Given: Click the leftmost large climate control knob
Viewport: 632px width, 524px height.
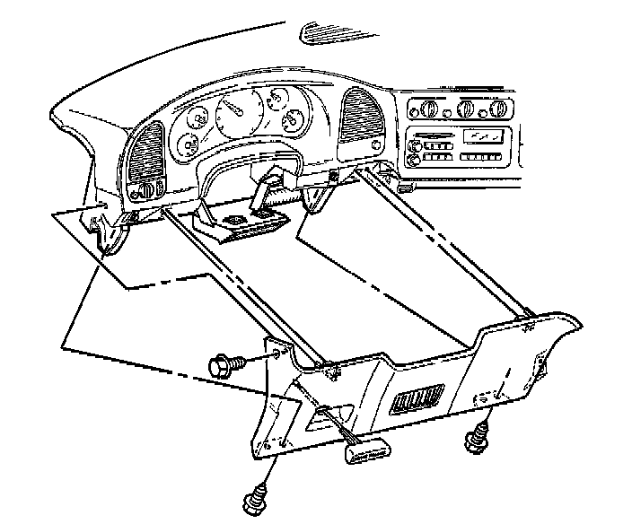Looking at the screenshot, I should pos(427,110).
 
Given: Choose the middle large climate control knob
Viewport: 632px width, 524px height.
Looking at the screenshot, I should pos(466,110).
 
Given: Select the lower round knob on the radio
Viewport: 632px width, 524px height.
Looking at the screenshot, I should pos(413,161).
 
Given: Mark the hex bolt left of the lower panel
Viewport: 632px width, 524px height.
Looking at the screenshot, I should pos(224,365).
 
